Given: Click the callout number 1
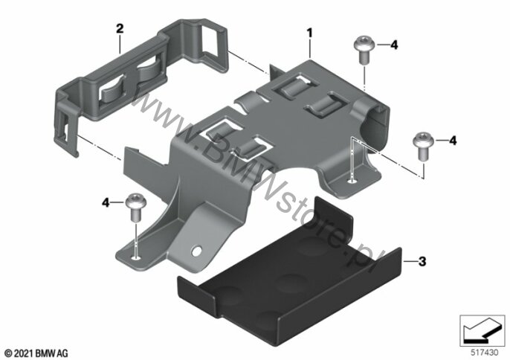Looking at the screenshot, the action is pyautogui.click(x=309, y=33).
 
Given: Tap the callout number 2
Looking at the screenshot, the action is pyautogui.click(x=120, y=29).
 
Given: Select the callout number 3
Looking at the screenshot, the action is pyautogui.click(x=422, y=261).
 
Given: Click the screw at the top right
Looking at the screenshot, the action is pyautogui.click(x=364, y=50).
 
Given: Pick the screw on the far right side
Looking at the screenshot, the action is pyautogui.click(x=423, y=146).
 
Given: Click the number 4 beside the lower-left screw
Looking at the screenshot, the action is pyautogui.click(x=106, y=203).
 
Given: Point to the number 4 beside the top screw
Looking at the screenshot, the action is pyautogui.click(x=394, y=45).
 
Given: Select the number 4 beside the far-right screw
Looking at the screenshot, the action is pyautogui.click(x=453, y=141).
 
